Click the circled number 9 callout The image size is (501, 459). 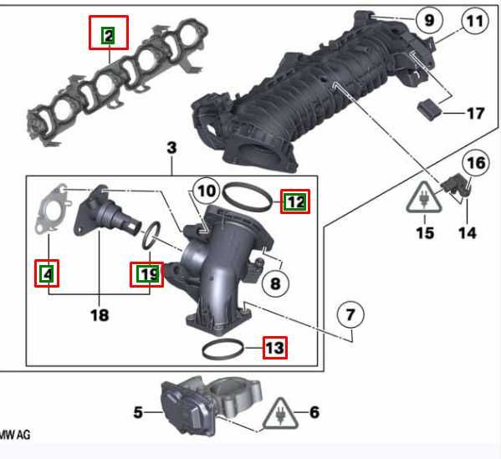coord(429,20)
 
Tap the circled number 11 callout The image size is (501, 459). coord(475,21)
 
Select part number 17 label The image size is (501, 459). coord(475,114)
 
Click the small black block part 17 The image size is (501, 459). coord(429,110)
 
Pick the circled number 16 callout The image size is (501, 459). coord(476,163)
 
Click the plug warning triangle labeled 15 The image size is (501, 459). coord(424,197)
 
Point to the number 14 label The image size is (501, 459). coord(468,233)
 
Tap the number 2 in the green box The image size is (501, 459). coord(109,36)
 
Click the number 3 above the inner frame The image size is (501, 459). coord(171,148)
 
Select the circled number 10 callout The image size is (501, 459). coord(207,191)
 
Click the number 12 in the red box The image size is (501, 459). coord(295,201)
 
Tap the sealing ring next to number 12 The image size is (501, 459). coord(247,197)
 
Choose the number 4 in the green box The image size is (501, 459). coord(48,273)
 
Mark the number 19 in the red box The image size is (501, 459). coord(146,274)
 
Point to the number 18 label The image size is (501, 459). coord(100,315)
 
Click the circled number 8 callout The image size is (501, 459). coord(275,283)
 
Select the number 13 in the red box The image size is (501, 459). coord(275,348)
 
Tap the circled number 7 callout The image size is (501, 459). coord(350,314)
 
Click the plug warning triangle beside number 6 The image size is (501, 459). coord(280,414)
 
